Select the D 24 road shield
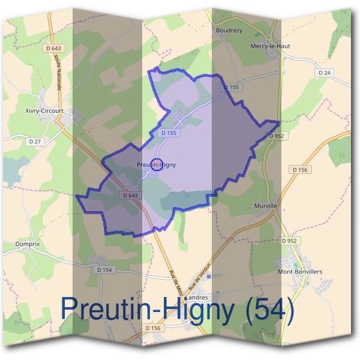click(x=325, y=73)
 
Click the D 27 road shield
click(x=34, y=142)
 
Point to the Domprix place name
click(x=27, y=245)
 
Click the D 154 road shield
click(x=104, y=270)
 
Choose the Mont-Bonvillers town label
click(x=300, y=272)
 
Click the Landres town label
click(x=197, y=297)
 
